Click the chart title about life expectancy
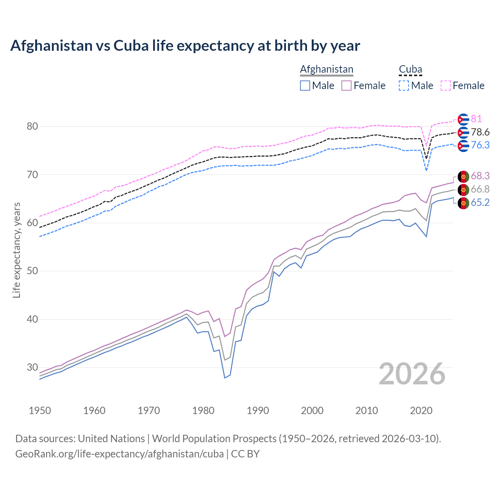click(185, 46)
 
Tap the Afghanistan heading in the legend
click(327, 69)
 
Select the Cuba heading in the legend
click(410, 69)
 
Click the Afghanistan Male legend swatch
click(305, 86)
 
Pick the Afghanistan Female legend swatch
click(346, 86)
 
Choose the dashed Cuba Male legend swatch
click(404, 86)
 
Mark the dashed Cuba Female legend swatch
click(446, 86)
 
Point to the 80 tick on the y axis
click(32, 126)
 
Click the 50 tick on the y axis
click(32, 271)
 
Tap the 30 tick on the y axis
click(32, 367)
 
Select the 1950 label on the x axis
click(40, 411)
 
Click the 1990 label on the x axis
click(258, 411)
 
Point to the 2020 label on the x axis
click(421, 411)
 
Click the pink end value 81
click(476, 119)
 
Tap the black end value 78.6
click(480, 132)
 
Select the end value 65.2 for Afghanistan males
click(480, 202)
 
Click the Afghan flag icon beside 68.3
click(463, 177)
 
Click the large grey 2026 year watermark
click(412, 374)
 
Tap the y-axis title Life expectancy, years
click(16, 250)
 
